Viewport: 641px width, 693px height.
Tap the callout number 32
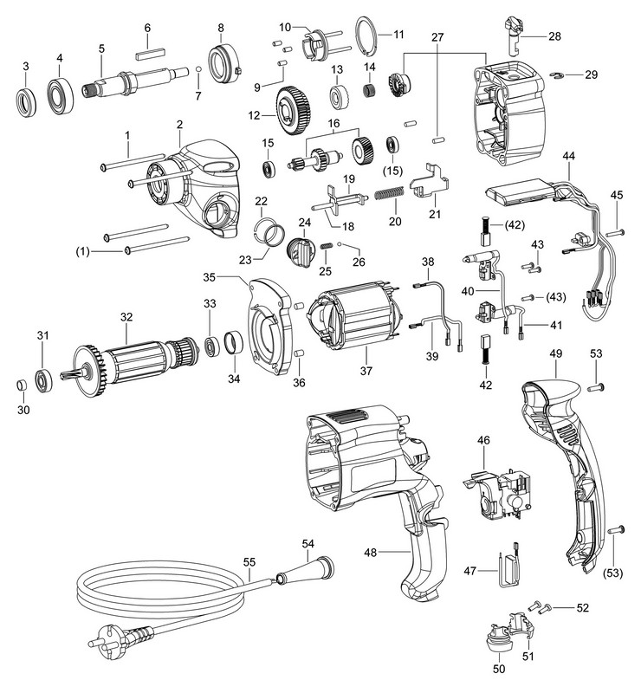[127, 318]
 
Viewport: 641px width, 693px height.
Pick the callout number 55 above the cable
[250, 560]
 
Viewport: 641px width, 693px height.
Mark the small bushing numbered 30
[18, 385]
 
